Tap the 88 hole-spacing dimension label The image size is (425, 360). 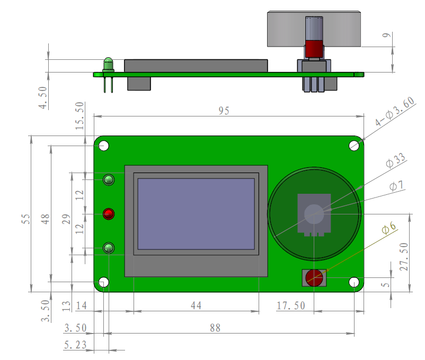tap(215, 328)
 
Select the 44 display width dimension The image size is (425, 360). tap(196, 305)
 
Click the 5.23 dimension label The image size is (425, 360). tap(75, 345)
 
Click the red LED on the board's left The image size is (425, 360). tap(109, 214)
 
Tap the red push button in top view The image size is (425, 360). tap(314, 277)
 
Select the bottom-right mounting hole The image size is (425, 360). tap(354, 283)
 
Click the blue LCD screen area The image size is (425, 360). tap(196, 214)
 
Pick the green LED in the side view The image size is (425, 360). tap(109, 65)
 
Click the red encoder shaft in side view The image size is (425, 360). tap(314, 49)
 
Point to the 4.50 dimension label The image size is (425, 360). tap(43, 98)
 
